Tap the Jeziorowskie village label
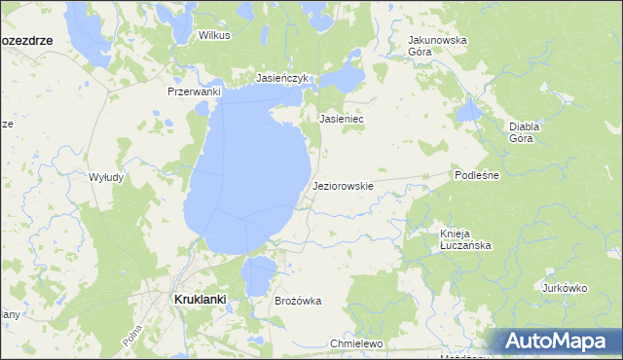344,185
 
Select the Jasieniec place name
342,119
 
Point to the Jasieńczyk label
281,77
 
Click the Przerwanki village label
195,90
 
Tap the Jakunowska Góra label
437,46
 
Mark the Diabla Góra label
525,132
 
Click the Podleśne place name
476,175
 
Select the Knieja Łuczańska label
464,239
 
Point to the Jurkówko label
567,288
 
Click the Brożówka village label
298,302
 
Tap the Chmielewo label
357,344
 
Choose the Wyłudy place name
106,177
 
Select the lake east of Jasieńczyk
344,78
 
